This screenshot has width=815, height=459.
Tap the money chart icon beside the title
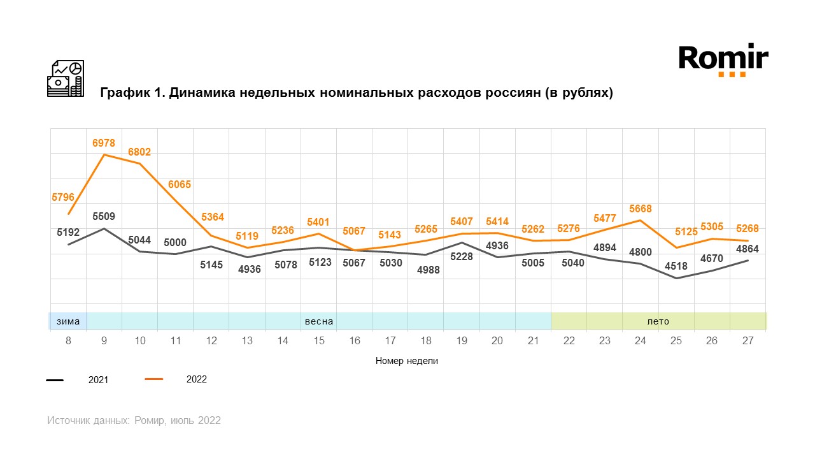pos(66,78)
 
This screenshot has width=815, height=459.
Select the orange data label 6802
pos(139,152)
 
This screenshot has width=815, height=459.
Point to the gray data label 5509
pos(104,216)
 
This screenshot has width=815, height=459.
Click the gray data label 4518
pos(676,266)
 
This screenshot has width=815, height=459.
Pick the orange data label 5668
pos(640,208)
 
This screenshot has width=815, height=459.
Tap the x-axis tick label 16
pos(355,341)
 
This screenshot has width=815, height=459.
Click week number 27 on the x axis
pos(748,341)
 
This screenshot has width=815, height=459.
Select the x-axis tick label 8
pos(68,341)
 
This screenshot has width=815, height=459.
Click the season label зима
pos(68,321)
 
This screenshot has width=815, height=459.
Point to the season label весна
pos(319,321)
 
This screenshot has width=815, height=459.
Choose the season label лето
pos(658,321)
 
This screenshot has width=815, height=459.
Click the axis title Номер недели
pos(407,361)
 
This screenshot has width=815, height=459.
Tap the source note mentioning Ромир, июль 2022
pos(134,421)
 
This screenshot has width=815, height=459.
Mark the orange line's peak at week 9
pos(104,154)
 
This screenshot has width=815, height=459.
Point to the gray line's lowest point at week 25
pos(676,278)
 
